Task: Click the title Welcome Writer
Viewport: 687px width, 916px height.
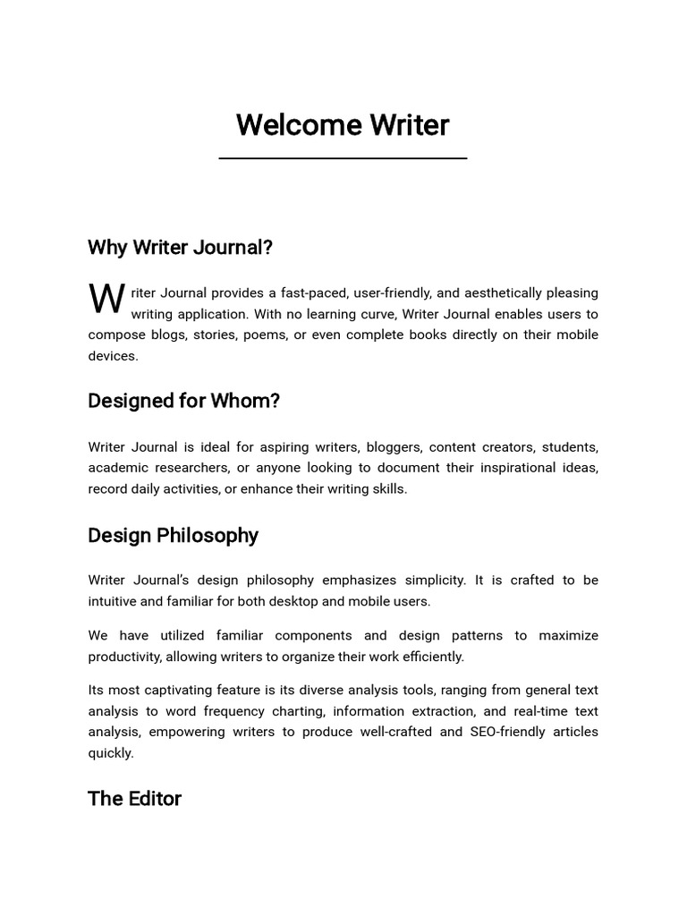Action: click(343, 125)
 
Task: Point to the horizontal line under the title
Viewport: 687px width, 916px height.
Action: click(343, 158)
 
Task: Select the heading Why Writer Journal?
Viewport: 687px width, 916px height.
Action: click(180, 247)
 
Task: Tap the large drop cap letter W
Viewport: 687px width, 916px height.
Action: click(106, 300)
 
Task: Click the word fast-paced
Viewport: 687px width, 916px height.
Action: click(312, 293)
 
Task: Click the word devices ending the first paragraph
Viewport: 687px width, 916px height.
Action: click(112, 356)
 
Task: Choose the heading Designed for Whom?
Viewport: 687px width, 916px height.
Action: click(183, 401)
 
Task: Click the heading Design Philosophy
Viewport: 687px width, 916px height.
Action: click(173, 535)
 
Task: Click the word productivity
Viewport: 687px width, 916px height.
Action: click(125, 657)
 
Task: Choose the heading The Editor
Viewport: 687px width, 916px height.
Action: click(134, 798)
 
